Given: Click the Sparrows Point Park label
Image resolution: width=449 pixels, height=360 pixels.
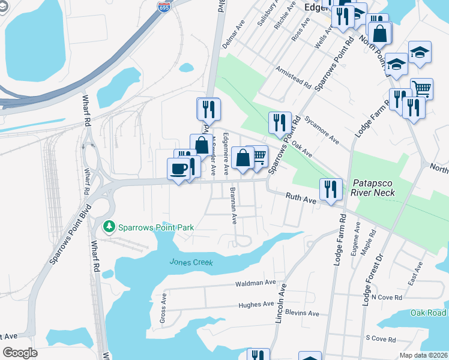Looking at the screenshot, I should pos(156,227).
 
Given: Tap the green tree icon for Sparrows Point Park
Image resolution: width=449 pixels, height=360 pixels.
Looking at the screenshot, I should pos(109,227).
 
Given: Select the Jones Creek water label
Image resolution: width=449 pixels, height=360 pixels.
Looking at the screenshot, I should pos(191,262).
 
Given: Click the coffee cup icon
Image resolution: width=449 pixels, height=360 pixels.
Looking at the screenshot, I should pos(178,169).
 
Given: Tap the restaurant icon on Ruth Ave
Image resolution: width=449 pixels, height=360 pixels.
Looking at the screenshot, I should pos(331,190).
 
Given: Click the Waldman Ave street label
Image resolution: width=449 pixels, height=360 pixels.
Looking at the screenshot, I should pos(255,283).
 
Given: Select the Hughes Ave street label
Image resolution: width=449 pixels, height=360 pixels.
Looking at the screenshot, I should pos(256,304).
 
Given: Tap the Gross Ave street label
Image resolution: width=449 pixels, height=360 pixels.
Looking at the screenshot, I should pos(163,309).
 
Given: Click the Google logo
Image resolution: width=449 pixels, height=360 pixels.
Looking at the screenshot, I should pos(20,353).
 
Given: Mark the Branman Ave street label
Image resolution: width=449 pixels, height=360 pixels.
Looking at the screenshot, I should pos(232,206).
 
